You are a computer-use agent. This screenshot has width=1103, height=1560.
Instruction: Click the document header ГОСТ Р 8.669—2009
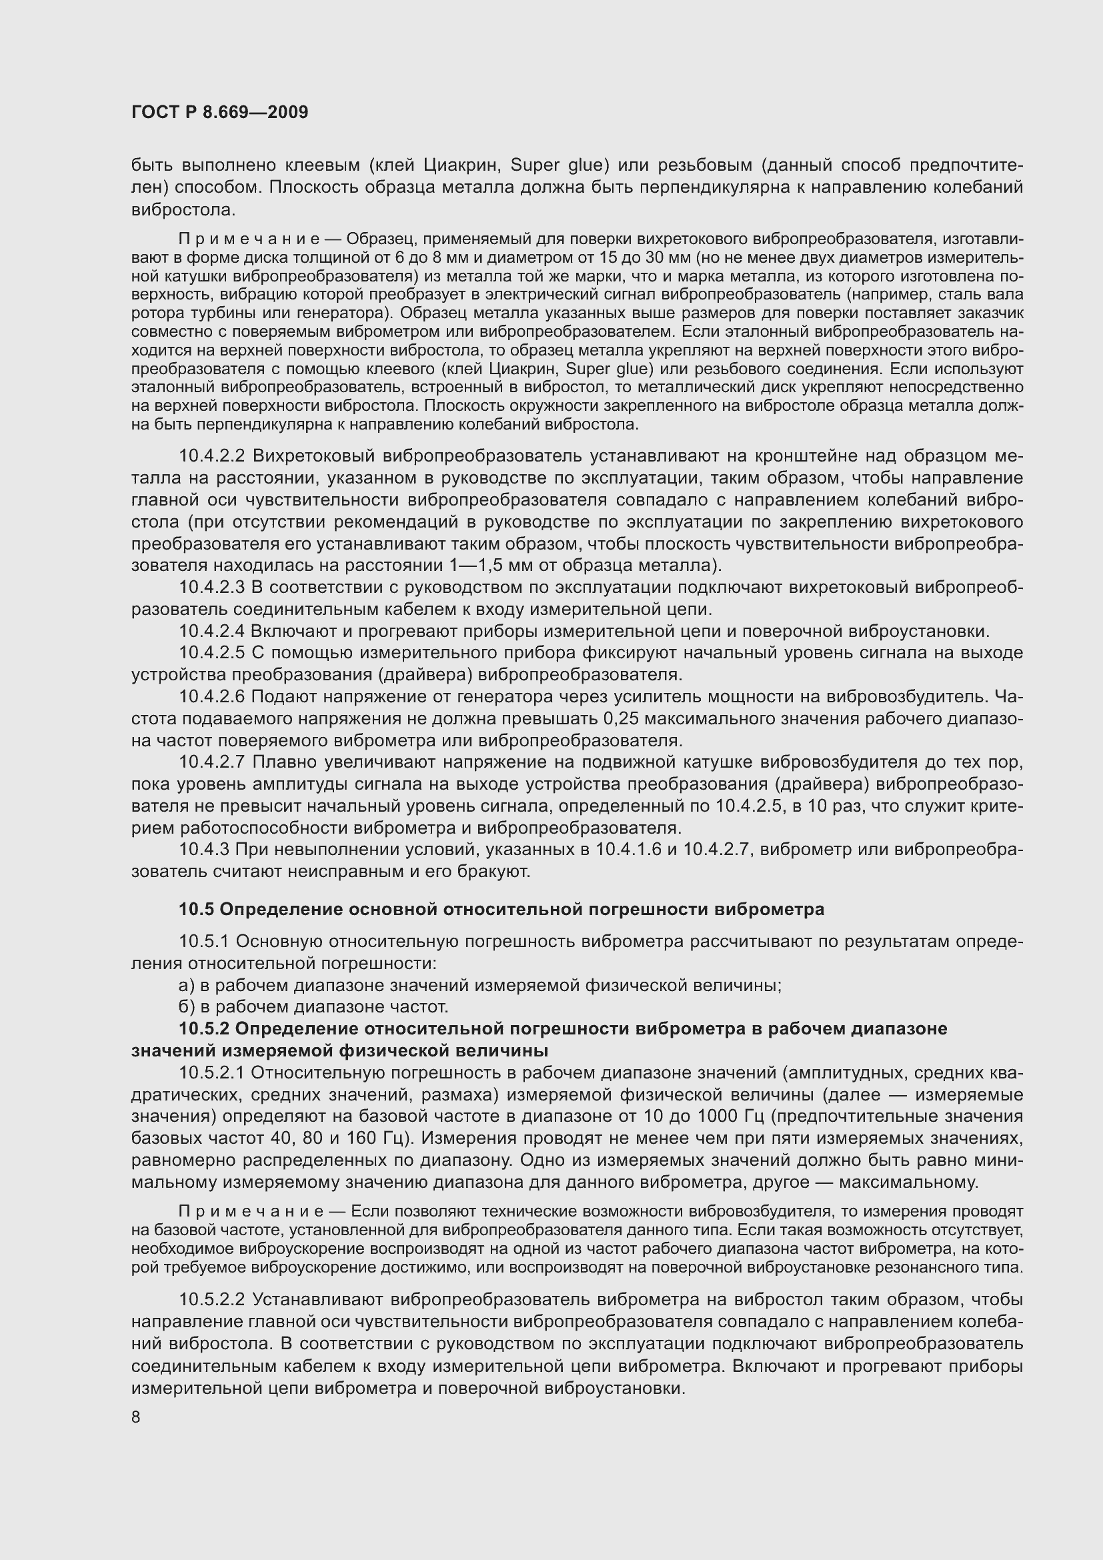pyautogui.click(x=219, y=113)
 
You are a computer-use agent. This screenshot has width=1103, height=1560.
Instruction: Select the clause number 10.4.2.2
pyautogui.click(x=211, y=456)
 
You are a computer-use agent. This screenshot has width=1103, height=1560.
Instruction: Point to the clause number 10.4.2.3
pyautogui.click(x=211, y=587)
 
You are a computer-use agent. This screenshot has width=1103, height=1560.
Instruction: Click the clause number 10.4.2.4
pyautogui.click(x=211, y=631)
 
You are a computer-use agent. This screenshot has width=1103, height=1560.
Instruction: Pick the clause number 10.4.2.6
pyautogui.click(x=211, y=696)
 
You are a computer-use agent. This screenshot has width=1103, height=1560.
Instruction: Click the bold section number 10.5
pyautogui.click(x=196, y=909)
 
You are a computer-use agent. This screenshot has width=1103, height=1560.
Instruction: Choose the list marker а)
pyautogui.click(x=186, y=985)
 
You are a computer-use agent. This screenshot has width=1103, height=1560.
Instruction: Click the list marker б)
pyautogui.click(x=186, y=1007)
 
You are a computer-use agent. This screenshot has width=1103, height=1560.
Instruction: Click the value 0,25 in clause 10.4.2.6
pyautogui.click(x=622, y=719)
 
